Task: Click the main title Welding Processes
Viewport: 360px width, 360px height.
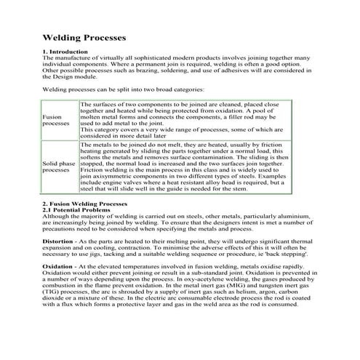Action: (84, 36)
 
